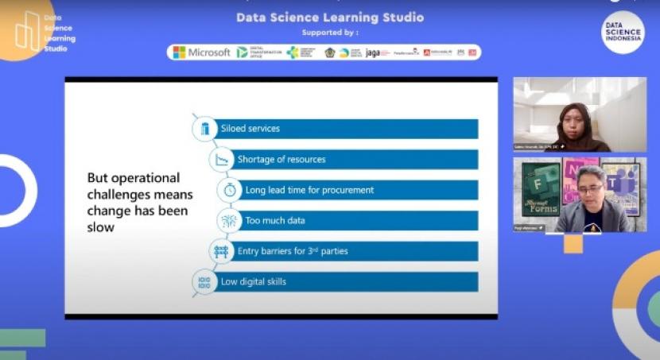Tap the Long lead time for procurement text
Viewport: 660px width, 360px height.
point(309,191)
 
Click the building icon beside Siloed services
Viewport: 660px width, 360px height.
point(205,129)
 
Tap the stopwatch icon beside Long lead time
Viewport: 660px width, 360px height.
point(230,191)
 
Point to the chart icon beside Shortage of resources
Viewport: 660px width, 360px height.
point(222,160)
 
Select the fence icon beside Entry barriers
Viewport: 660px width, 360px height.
point(222,252)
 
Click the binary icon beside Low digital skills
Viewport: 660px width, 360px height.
point(204,282)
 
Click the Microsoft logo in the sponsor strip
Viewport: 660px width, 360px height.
point(201,52)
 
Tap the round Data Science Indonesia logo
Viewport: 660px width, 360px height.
point(623,33)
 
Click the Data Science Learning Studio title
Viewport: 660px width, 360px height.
point(330,17)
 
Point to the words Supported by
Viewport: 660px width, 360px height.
point(330,33)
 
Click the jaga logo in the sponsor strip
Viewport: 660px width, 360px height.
point(374,52)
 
